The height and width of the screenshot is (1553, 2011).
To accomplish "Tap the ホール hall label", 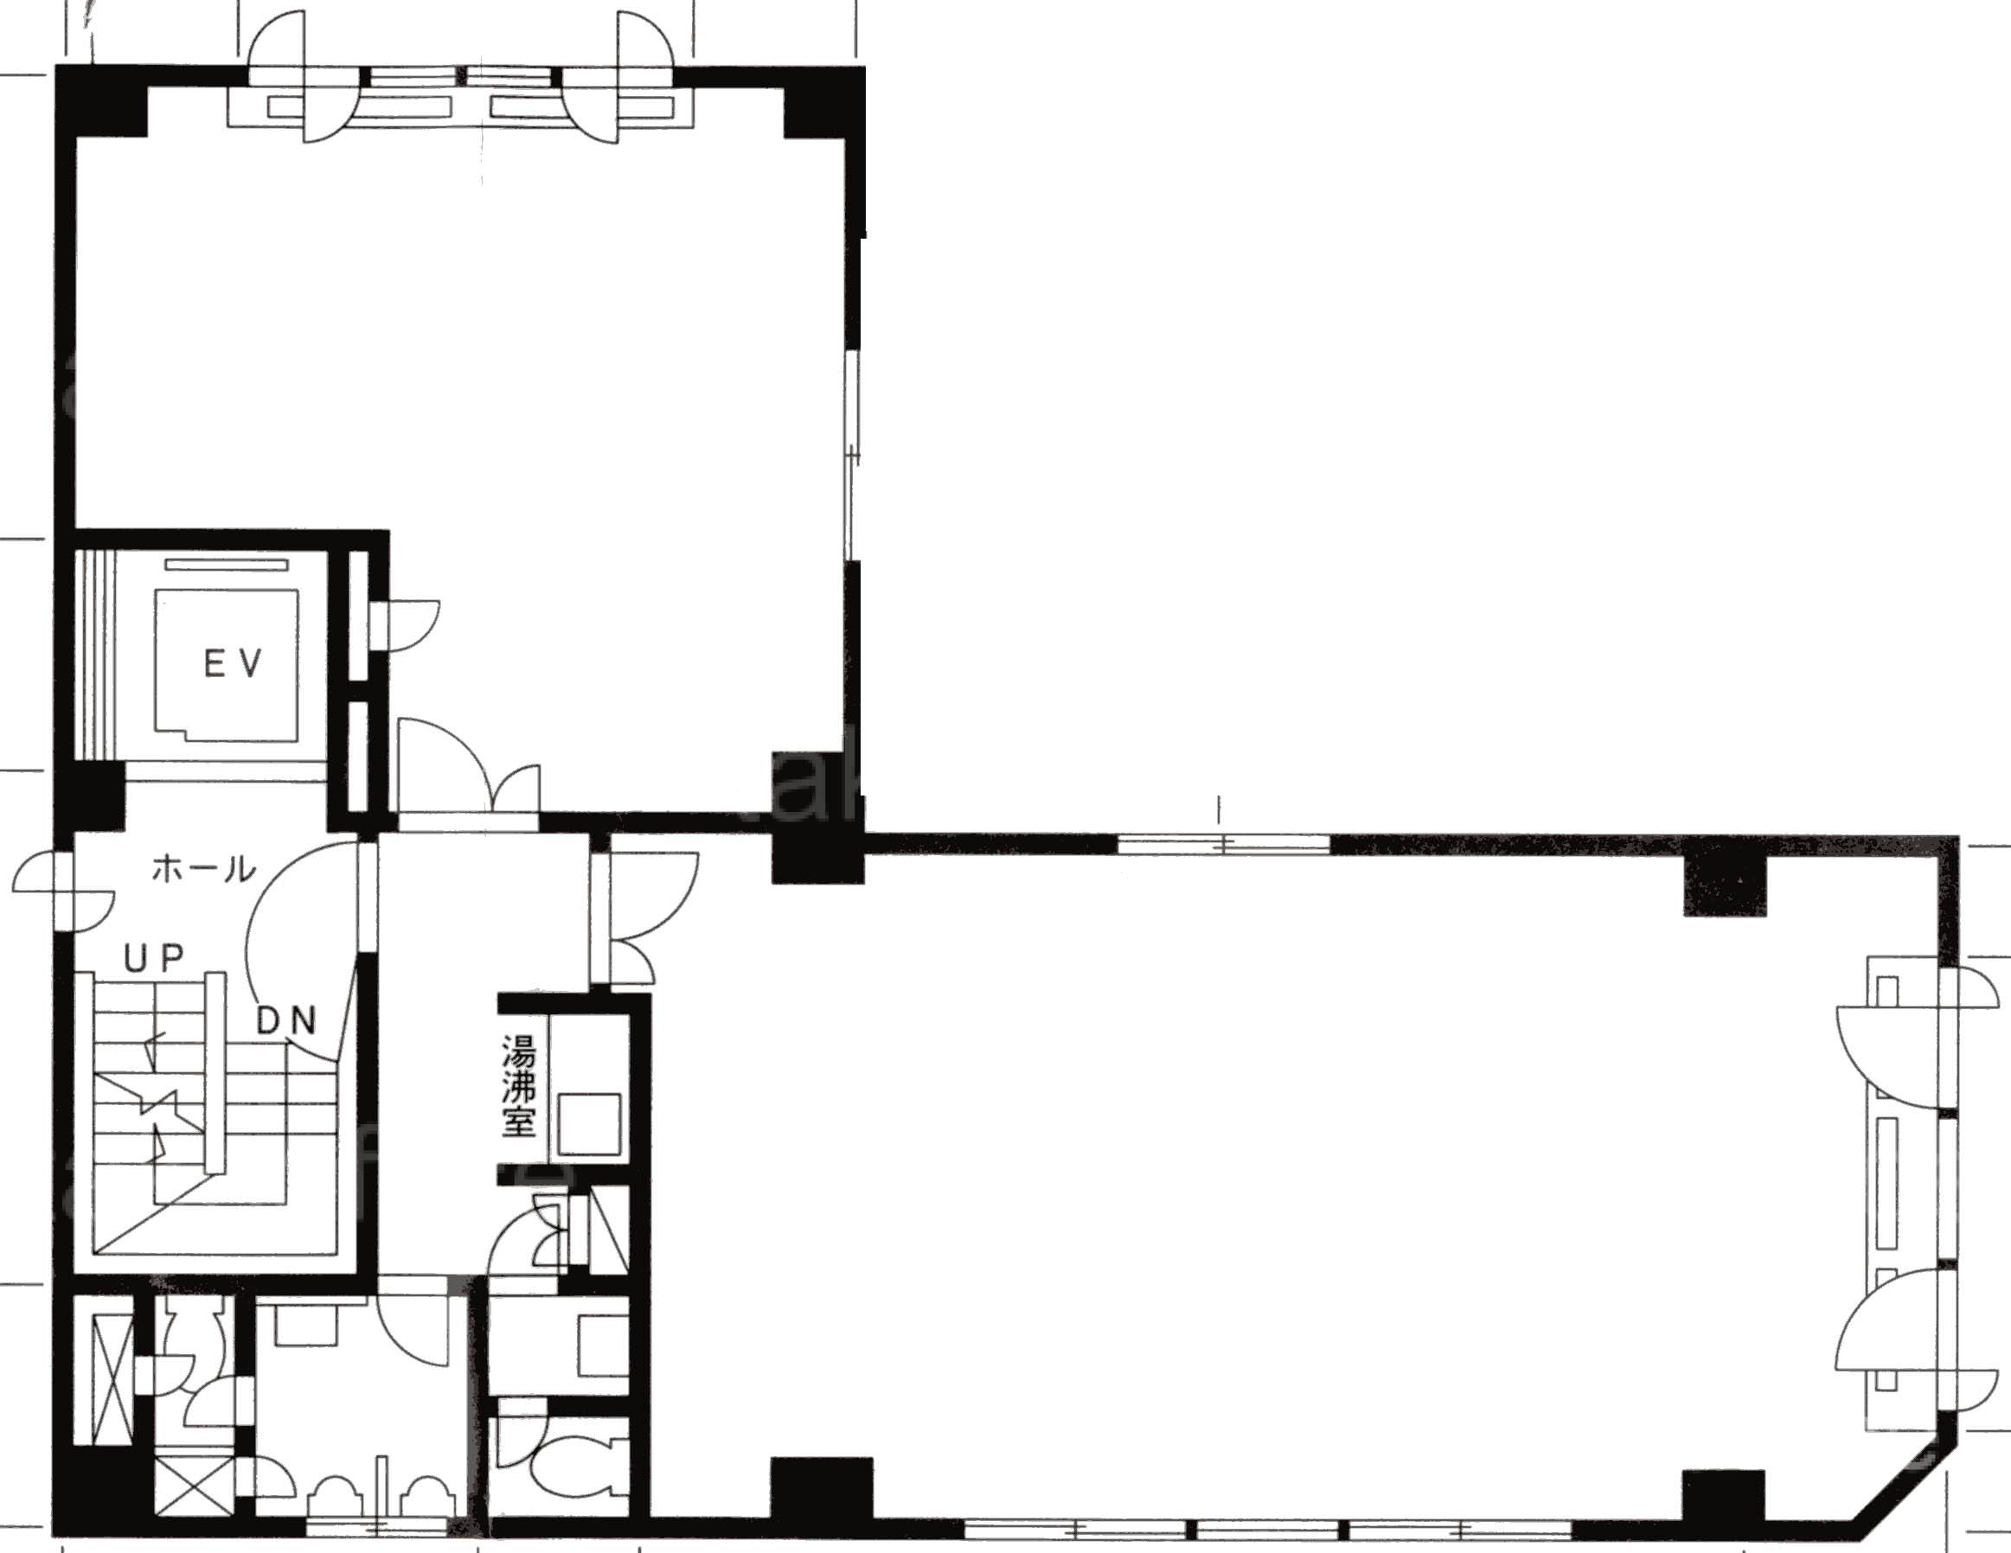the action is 203,868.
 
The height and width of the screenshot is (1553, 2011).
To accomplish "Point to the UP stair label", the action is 155,959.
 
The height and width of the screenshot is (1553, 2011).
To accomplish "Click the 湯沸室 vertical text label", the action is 518,1086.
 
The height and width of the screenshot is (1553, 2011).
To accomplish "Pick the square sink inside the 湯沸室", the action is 590,1124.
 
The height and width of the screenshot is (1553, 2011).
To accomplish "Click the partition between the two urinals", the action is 382,1487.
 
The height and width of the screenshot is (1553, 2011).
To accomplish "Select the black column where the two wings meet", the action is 817,859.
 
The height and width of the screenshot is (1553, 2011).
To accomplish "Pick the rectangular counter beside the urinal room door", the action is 306,1323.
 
